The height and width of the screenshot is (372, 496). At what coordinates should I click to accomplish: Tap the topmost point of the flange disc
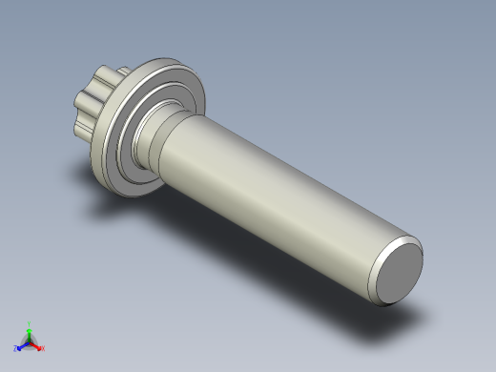172,60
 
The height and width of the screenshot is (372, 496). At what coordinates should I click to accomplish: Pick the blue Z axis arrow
21,345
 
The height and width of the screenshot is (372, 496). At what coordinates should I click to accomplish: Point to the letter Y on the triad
29,323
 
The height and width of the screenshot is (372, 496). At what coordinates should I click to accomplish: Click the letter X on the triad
43,348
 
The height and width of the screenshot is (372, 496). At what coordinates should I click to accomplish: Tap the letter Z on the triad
15,349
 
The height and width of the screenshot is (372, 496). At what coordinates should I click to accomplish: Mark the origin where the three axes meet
29,341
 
